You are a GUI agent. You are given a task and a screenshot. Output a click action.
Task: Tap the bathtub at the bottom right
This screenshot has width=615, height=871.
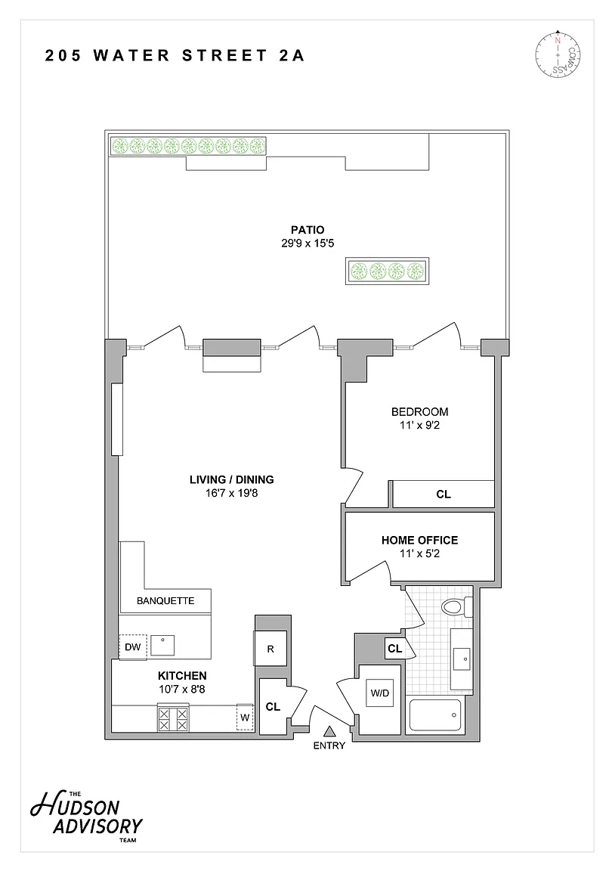click(435, 715)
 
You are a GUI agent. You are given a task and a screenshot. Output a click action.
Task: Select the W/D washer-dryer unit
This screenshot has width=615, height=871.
click(380, 693)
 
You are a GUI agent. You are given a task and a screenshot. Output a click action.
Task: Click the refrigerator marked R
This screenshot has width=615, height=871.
click(270, 648)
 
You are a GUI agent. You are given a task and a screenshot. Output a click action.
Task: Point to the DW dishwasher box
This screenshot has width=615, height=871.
click(133, 647)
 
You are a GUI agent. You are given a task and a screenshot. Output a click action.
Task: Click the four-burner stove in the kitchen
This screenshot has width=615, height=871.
click(173, 719)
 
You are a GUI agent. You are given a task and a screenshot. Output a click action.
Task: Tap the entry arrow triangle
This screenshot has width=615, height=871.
click(329, 731)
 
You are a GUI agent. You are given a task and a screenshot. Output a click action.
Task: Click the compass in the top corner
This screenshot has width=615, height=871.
click(558, 54)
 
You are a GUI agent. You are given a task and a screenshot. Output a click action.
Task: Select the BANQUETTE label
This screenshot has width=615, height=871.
click(165, 600)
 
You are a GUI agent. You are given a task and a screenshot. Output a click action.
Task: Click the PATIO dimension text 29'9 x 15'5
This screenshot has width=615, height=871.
click(307, 243)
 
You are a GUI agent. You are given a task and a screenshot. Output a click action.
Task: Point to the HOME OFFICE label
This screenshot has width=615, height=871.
click(419, 540)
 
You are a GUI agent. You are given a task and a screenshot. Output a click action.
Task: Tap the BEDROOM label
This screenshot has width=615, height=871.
click(419, 411)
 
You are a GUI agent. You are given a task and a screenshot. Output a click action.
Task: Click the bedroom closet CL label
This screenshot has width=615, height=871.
click(443, 494)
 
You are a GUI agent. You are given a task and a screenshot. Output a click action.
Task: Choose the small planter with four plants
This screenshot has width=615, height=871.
click(388, 271)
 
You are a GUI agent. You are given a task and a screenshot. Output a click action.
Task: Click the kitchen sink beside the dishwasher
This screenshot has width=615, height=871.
click(162, 646)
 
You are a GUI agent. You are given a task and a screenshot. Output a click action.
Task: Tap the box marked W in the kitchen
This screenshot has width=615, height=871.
click(245, 718)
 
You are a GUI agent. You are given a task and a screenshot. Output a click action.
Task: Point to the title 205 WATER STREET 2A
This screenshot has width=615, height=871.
click(175, 55)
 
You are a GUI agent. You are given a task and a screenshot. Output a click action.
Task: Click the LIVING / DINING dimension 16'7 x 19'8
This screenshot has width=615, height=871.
click(231, 493)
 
